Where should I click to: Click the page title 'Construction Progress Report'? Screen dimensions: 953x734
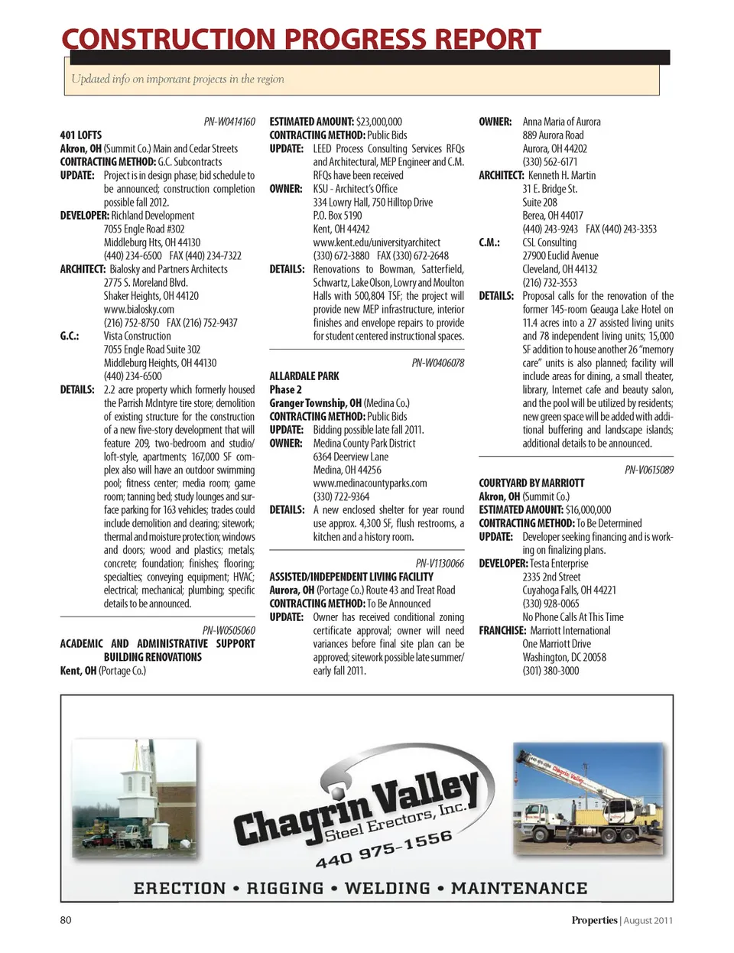[x=300, y=39]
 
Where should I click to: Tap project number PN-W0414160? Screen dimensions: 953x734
[x=229, y=122]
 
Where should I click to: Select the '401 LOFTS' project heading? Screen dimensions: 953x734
[x=81, y=135]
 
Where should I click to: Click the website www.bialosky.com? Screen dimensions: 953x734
[x=139, y=309]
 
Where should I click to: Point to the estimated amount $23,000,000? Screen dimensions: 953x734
[x=379, y=122]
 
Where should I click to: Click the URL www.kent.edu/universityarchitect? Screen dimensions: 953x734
[x=377, y=242]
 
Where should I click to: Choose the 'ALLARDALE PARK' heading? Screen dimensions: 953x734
[x=304, y=376]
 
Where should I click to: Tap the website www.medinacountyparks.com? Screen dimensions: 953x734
[x=370, y=483]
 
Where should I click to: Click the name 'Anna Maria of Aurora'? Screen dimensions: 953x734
[x=561, y=122]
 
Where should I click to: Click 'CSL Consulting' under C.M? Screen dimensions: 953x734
[x=550, y=242]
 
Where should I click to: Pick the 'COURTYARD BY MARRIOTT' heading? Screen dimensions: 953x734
[x=531, y=483]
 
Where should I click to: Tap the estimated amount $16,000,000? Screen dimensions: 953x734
[x=589, y=510]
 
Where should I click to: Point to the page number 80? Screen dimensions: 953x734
[x=66, y=920]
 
